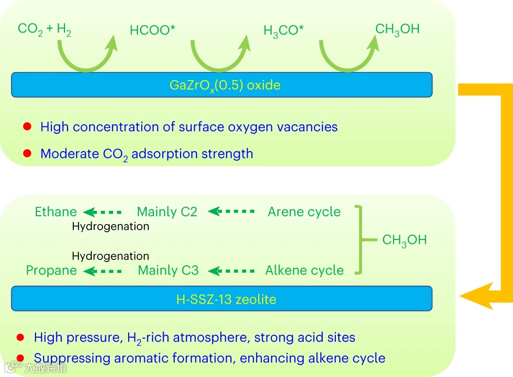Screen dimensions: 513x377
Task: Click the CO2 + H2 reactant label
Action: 45,30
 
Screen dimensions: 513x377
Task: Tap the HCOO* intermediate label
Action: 152,31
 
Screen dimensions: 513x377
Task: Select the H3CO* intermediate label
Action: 284,31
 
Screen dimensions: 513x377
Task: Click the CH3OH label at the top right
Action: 397,29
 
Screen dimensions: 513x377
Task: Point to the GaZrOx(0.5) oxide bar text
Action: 225,86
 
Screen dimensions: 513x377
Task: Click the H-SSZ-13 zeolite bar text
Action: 226,299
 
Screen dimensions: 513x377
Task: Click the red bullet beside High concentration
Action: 28,127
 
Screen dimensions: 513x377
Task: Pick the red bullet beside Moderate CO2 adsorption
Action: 28,154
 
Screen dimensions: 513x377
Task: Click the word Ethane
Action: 56,212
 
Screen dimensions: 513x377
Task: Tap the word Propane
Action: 51,271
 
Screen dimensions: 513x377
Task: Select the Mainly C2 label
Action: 167,212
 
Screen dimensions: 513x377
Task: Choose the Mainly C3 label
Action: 168,271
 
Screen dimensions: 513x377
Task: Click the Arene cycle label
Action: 304,212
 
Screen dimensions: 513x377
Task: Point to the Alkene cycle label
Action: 304,271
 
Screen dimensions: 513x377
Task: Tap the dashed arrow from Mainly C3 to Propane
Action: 102,271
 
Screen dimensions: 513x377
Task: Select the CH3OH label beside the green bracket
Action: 404,240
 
